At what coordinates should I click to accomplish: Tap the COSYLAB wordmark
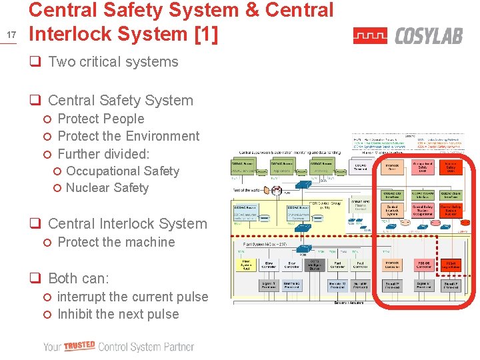(429, 35)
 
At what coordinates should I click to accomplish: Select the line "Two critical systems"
(113, 62)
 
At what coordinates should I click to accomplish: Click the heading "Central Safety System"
(121, 101)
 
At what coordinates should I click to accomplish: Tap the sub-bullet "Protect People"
(101, 119)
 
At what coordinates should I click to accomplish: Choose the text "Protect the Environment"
(129, 136)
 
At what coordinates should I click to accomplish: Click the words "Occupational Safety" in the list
(123, 171)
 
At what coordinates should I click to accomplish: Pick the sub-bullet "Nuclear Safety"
(107, 187)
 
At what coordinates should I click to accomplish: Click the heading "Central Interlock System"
(127, 223)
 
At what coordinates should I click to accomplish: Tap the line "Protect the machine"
(116, 242)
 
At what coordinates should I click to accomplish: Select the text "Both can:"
(79, 278)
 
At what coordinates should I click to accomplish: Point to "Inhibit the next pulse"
(118, 314)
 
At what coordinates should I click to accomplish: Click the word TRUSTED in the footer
(79, 345)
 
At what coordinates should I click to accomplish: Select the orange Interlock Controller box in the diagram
(392, 265)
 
